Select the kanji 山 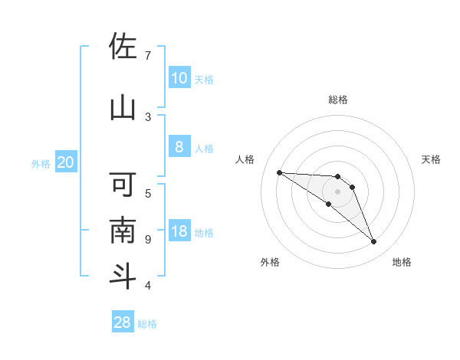pyautogui.click(x=123, y=107)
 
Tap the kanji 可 pyautogui.click(x=123, y=185)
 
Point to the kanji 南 pyautogui.click(x=123, y=231)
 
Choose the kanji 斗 pyautogui.click(x=123, y=276)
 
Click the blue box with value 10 pyautogui.click(x=179, y=78)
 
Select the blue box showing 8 pyautogui.click(x=179, y=147)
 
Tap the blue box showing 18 pyautogui.click(x=179, y=231)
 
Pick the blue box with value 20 pyautogui.click(x=65, y=162)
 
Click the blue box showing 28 pyautogui.click(x=123, y=322)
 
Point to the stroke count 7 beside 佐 pyautogui.click(x=147, y=56)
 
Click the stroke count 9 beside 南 pyautogui.click(x=147, y=240)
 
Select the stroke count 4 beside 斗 pyautogui.click(x=147, y=286)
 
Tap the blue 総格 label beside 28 pyautogui.click(x=147, y=324)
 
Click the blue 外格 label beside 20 pyautogui.click(x=41, y=163)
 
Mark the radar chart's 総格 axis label pyautogui.click(x=337, y=100)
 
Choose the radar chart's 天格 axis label pyautogui.click(x=431, y=159)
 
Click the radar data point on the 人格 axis pyautogui.click(x=279, y=172)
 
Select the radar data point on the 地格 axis pyautogui.click(x=373, y=242)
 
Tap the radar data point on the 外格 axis pyautogui.click(x=328, y=204)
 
